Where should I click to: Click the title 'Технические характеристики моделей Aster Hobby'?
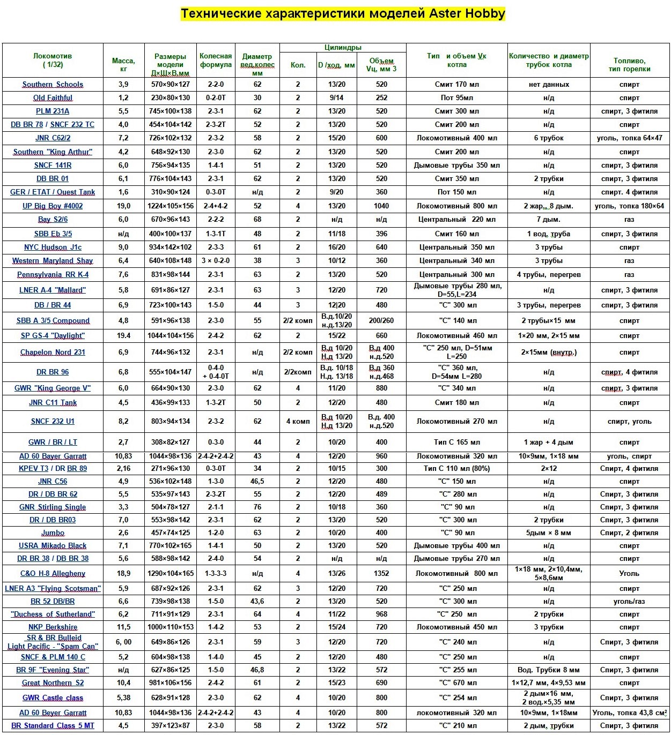(x=343, y=13)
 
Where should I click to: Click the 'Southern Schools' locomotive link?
(x=53, y=85)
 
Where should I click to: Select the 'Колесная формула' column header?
(x=216, y=60)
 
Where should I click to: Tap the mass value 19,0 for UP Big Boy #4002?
(x=123, y=206)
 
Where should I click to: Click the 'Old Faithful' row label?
(x=53, y=98)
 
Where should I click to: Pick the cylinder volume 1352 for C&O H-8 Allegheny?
(x=381, y=573)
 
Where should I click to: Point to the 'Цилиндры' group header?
(x=343, y=48)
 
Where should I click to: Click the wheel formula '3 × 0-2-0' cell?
(x=216, y=261)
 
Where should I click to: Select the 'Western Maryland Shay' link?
(x=53, y=261)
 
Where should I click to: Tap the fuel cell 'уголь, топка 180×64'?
(x=629, y=206)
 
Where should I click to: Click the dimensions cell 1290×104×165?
(x=171, y=573)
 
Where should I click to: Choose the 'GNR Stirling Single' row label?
(x=53, y=507)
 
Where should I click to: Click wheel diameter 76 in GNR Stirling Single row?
(x=257, y=507)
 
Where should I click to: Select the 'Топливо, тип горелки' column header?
(x=629, y=64)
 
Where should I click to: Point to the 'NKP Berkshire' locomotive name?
(x=53, y=627)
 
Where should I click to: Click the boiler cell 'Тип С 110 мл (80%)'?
(x=456, y=468)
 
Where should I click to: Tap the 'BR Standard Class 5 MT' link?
(x=53, y=725)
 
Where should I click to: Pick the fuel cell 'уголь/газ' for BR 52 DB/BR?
(x=629, y=601)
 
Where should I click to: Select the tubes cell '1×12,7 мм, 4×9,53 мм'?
(x=549, y=682)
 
